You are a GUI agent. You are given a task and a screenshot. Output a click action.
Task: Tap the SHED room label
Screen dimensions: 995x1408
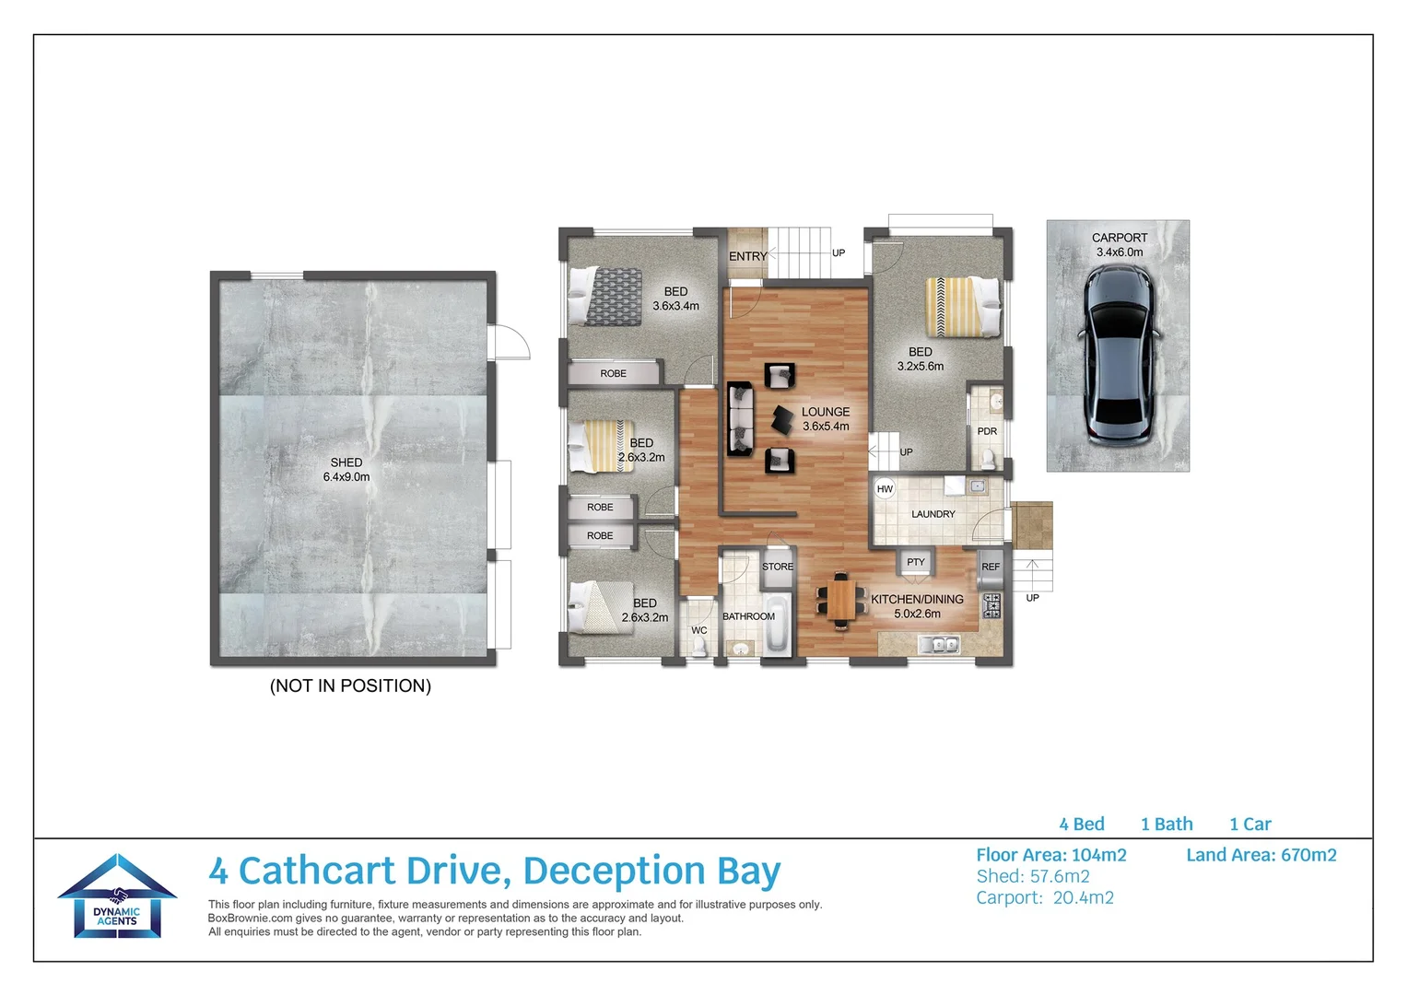click(346, 462)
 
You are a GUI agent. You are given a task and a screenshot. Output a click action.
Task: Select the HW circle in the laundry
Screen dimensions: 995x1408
click(885, 489)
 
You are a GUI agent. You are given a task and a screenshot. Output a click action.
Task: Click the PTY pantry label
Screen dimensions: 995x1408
click(915, 562)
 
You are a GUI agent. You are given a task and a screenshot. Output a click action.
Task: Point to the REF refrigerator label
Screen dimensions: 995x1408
click(991, 568)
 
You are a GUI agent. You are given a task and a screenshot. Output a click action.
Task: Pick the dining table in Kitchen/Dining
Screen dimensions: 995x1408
click(841, 600)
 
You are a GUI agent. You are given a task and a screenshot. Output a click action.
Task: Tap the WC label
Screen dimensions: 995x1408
click(699, 631)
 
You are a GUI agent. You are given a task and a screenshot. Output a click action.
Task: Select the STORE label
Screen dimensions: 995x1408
click(778, 568)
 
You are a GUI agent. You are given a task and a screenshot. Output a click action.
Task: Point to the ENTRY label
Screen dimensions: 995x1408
click(747, 256)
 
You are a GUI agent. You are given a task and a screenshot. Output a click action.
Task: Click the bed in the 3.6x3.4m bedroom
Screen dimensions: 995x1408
click(605, 296)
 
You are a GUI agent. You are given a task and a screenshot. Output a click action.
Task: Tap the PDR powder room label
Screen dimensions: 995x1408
click(987, 431)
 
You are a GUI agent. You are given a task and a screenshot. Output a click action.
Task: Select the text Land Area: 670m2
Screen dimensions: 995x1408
click(1261, 855)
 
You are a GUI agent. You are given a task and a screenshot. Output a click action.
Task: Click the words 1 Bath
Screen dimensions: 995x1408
click(1167, 825)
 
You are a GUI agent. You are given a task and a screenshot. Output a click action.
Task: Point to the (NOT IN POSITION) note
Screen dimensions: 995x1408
click(350, 685)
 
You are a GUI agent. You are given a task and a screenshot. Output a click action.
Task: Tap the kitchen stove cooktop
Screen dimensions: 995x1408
click(991, 606)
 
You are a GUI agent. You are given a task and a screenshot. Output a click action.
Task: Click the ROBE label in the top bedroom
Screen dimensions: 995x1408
click(613, 374)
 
